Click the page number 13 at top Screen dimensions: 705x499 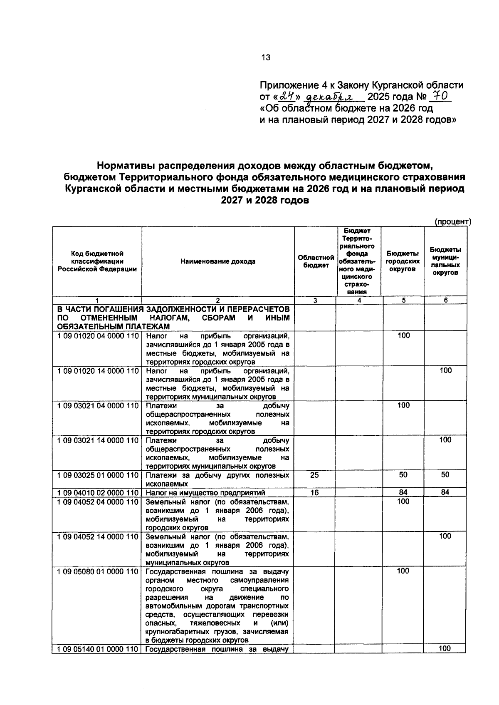point(266,58)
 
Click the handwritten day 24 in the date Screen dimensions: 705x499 point(286,97)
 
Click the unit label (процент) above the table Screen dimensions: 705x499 point(452,222)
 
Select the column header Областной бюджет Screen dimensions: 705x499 point(316,262)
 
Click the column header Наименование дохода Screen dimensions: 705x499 point(218,262)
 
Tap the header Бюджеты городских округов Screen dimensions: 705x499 point(403,261)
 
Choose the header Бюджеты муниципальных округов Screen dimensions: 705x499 point(445,261)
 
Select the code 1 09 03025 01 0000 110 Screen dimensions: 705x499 point(97,475)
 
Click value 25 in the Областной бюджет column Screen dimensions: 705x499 point(315,475)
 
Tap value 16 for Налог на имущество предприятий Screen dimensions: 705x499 point(315,493)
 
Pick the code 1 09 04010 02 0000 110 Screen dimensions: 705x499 point(97,493)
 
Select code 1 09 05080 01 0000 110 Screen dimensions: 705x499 point(97,571)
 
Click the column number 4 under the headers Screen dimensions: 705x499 point(359,300)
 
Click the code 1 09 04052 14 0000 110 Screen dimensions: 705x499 point(97,537)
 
